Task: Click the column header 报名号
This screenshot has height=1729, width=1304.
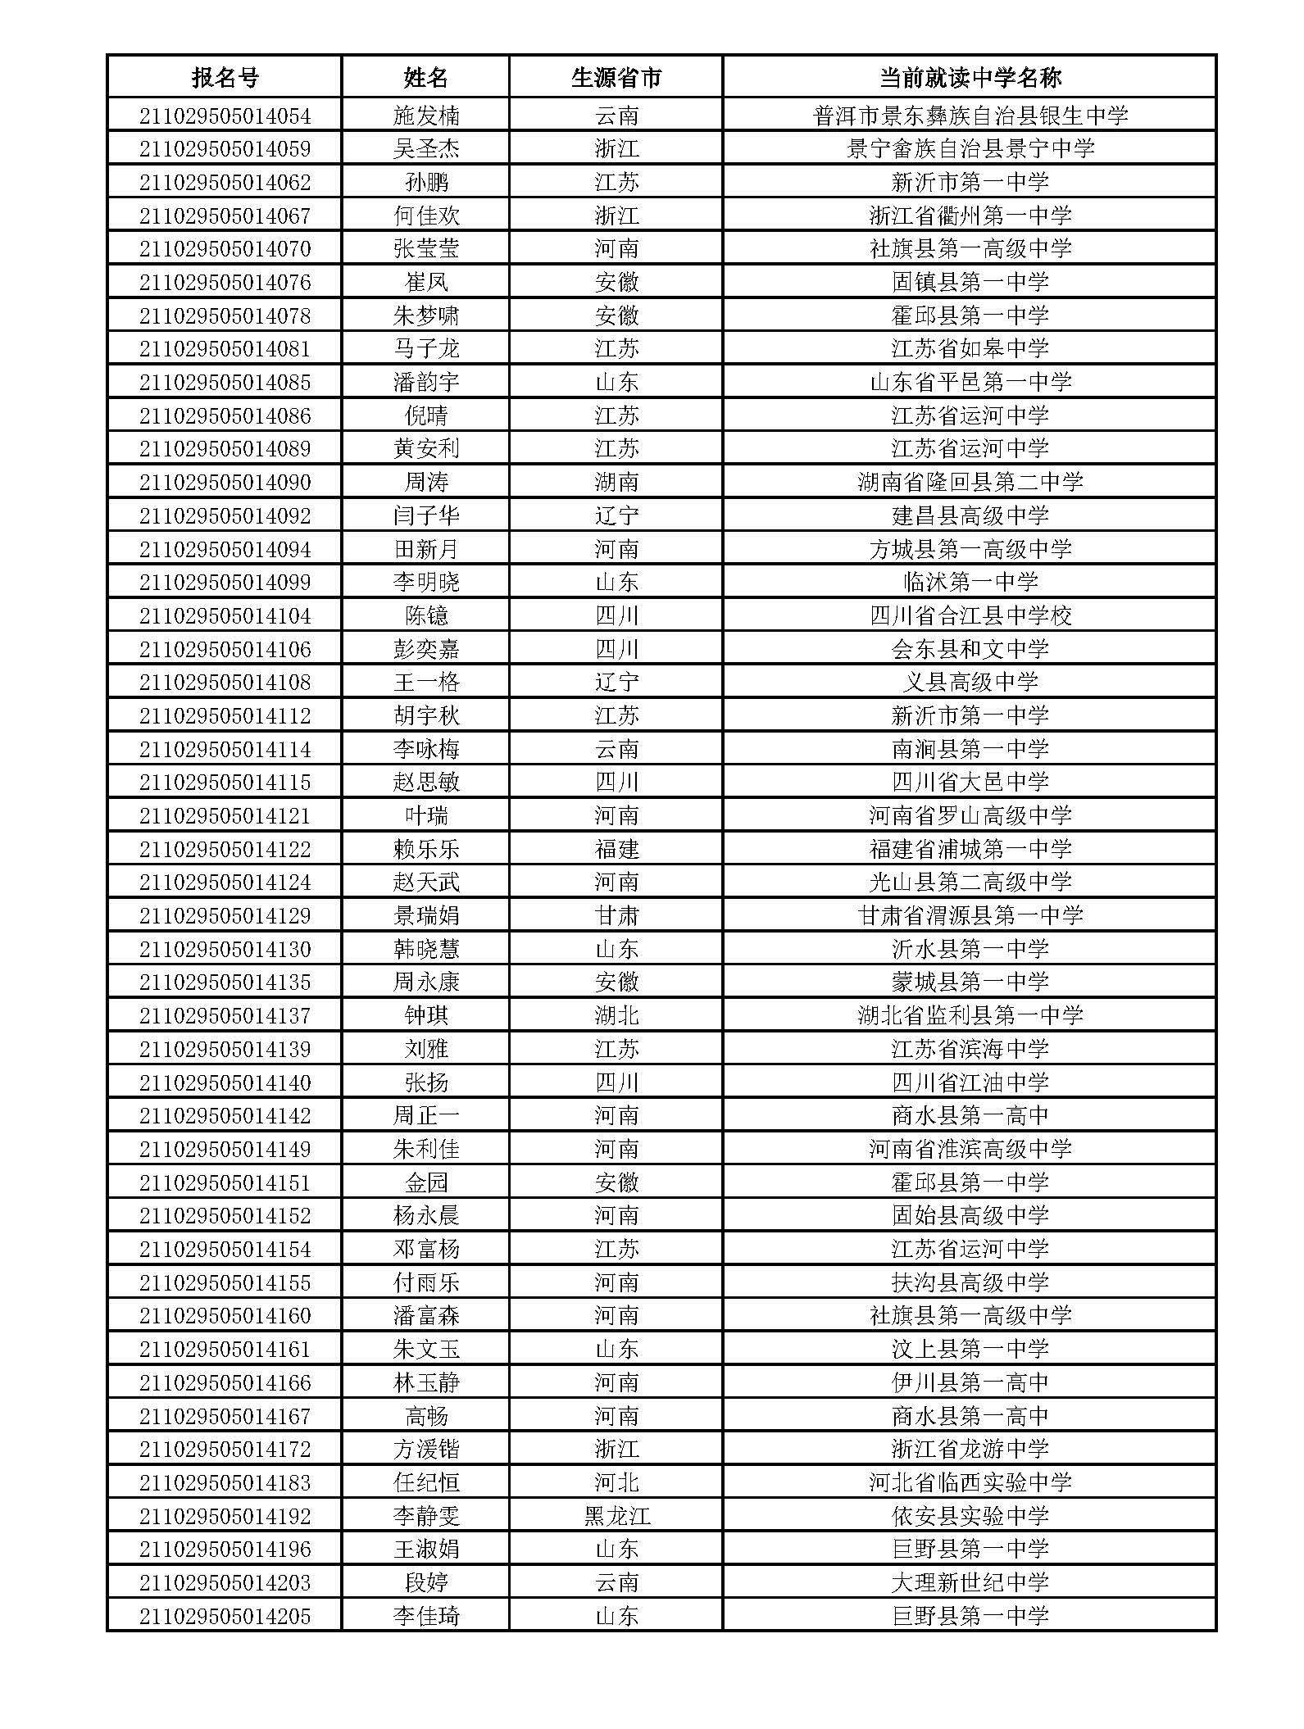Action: coord(225,78)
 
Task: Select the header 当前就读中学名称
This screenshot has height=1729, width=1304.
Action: coord(970,78)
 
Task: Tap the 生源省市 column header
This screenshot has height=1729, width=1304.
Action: coord(616,78)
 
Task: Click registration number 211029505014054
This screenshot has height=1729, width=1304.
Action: coord(225,116)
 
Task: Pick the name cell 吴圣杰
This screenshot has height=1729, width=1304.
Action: coord(426,149)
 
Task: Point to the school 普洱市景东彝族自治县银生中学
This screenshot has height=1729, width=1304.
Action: coord(970,116)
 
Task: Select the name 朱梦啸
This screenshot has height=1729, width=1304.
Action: coord(426,315)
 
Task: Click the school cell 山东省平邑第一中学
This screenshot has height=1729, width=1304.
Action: coord(970,383)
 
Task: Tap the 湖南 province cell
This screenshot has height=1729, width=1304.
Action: coord(616,483)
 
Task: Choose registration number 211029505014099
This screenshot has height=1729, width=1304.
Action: coord(225,583)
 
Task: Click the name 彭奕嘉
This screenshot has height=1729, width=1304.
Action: coord(426,650)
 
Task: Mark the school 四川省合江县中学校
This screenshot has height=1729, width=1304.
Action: coord(970,616)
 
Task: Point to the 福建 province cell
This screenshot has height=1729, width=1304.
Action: coord(616,850)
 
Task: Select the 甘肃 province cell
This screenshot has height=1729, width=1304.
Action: coord(616,916)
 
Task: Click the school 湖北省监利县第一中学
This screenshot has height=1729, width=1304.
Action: coord(970,1016)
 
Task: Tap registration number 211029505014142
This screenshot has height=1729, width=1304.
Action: coord(225,1116)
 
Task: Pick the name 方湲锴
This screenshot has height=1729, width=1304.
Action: coord(426,1450)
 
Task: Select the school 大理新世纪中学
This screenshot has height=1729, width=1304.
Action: coord(970,1583)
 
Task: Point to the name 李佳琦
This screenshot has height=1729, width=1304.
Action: coord(426,1617)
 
